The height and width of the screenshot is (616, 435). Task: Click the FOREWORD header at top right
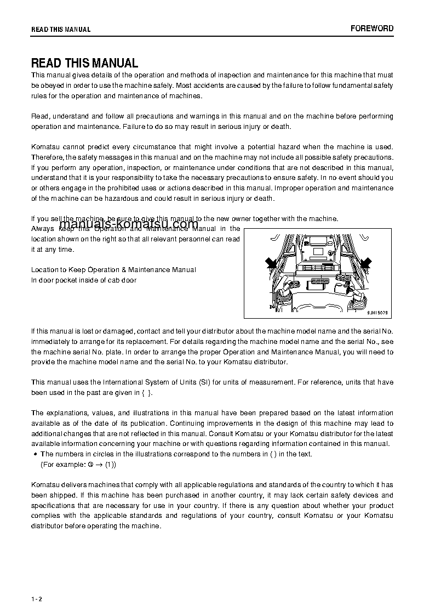coord(372,29)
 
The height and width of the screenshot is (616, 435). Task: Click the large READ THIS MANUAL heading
coord(84,63)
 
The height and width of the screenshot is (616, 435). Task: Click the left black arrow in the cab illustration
coord(271,264)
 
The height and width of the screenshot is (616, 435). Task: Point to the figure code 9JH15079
coord(377,313)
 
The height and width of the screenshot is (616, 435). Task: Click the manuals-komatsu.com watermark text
coord(129,224)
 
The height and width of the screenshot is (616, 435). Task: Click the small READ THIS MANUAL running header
coord(61,30)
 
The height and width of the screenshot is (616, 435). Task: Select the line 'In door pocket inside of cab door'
coord(84,280)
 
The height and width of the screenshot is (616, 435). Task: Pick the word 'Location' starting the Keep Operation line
coord(44,269)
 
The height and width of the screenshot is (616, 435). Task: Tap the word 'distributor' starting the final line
coord(47,526)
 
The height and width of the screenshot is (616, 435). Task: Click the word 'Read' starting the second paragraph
coord(39,116)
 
